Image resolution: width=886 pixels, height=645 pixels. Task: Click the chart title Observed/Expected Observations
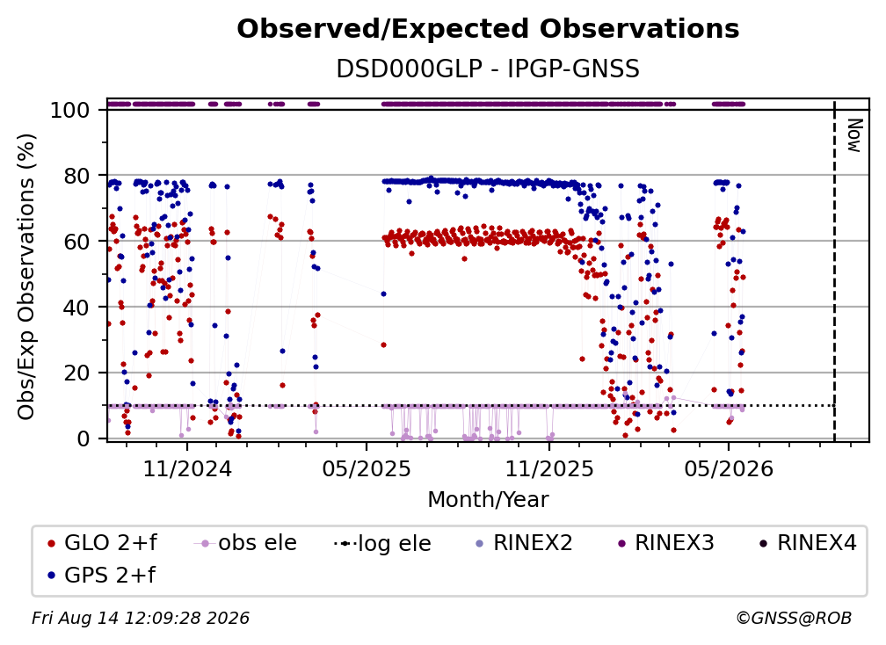pos(488,29)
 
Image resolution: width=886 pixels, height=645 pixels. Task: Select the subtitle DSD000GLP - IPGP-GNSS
pos(488,69)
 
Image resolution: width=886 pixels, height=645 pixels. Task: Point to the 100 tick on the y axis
pos(69,110)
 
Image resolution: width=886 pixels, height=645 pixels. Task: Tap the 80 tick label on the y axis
pos(76,176)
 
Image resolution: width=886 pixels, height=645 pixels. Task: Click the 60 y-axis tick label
pos(76,242)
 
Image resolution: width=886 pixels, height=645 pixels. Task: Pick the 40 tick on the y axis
pos(76,308)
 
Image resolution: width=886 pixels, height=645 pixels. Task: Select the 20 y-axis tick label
pos(76,373)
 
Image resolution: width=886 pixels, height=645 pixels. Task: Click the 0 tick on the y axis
pos(83,438)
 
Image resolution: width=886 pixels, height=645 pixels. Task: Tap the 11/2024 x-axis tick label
pos(187,468)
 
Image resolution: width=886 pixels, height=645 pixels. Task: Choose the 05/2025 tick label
pos(367,468)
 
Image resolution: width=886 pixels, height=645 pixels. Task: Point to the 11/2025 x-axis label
pos(549,468)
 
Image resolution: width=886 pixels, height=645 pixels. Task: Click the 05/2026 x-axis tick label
pos(729,468)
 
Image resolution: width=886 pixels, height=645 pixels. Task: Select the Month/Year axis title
pos(488,500)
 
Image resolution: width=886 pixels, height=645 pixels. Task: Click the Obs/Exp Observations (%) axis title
pos(26,276)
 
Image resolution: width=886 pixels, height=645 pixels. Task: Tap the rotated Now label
pos(854,135)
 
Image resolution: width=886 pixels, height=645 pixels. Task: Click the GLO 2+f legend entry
pos(102,543)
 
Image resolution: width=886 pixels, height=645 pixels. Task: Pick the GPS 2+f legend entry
pos(101,576)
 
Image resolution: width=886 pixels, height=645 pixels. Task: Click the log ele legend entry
pos(382,543)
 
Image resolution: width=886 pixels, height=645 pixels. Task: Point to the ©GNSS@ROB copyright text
pos(794,619)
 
